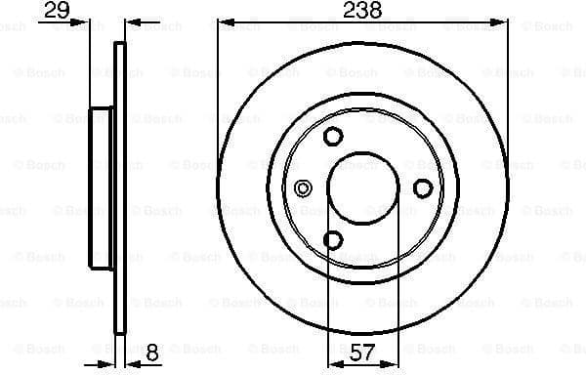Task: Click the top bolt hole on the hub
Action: (x=333, y=136)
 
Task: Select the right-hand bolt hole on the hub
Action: (x=423, y=187)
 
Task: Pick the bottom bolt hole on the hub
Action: (x=333, y=239)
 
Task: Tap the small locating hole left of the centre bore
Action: (x=302, y=187)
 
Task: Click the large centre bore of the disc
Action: (x=362, y=187)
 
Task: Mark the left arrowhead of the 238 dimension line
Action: (x=223, y=21)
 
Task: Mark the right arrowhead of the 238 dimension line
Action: (x=502, y=21)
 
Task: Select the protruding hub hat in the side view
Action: (x=102, y=187)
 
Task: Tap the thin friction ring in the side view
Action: (x=120, y=187)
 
